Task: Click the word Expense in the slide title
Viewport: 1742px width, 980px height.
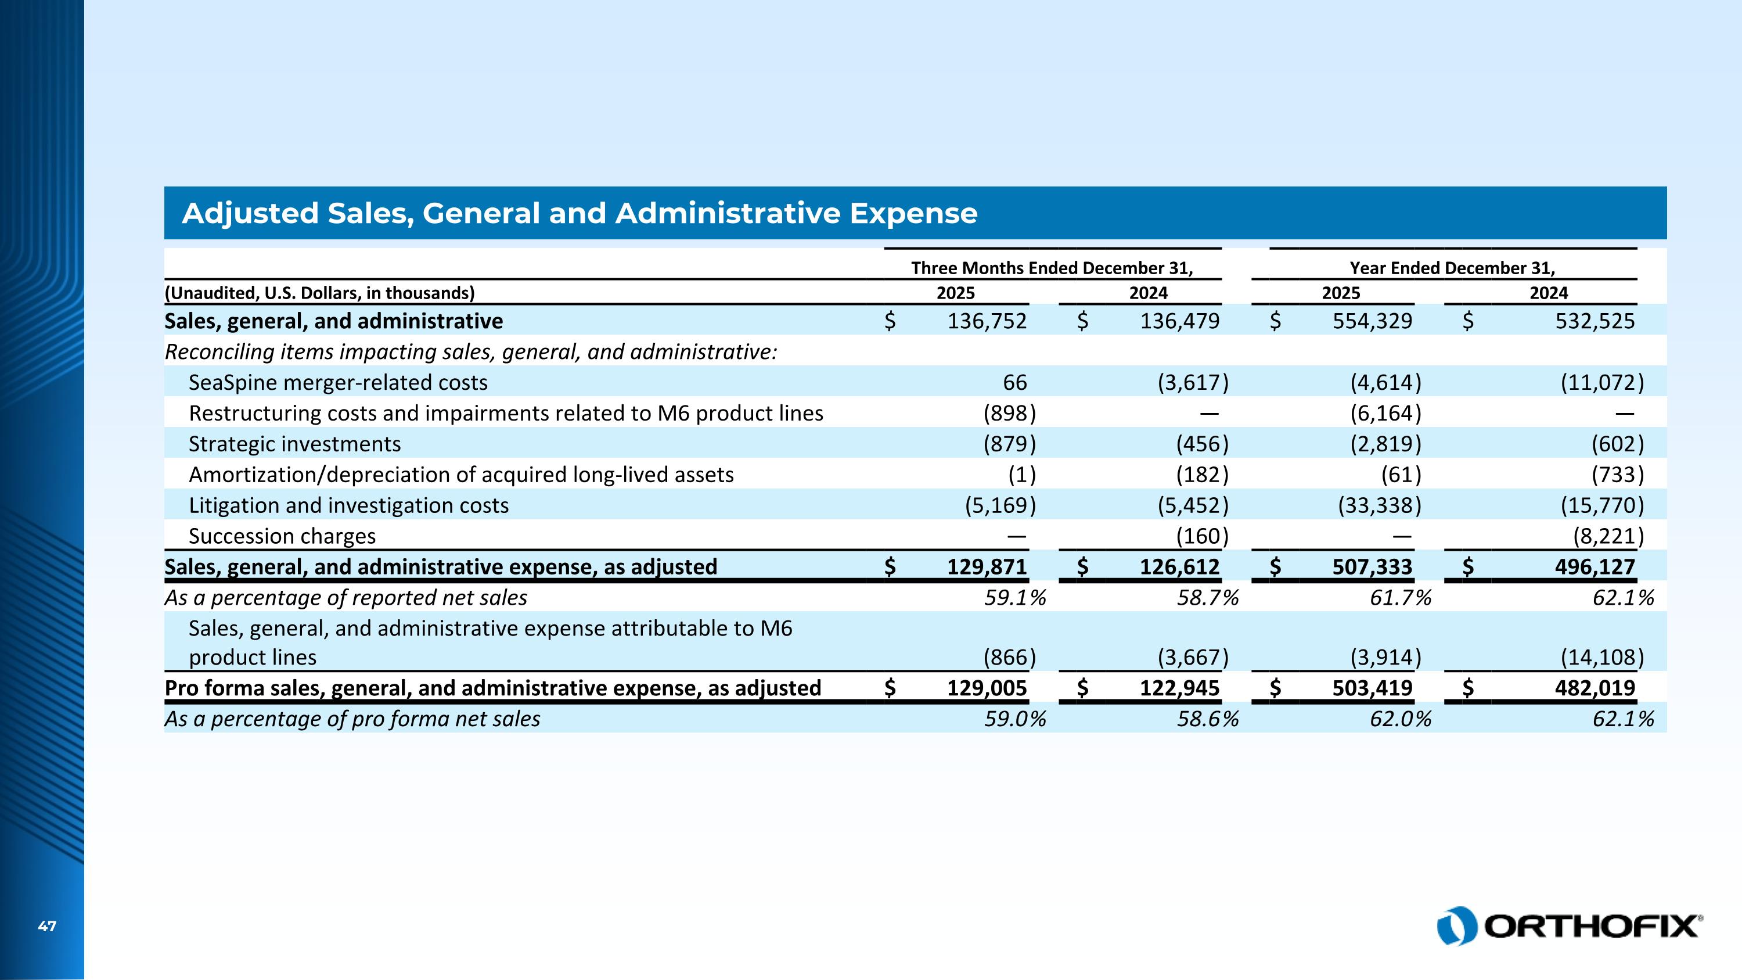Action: (x=913, y=214)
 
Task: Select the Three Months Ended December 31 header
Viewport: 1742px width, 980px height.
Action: (x=1052, y=268)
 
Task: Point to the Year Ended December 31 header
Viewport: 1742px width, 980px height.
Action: (x=1452, y=268)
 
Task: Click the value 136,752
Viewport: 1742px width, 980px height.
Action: (x=987, y=321)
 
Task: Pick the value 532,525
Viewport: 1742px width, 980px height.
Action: (x=1595, y=321)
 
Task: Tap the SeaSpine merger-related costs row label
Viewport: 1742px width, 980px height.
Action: (x=338, y=383)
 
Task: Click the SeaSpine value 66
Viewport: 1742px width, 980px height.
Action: (x=1014, y=383)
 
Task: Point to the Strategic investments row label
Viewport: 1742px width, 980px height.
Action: (x=295, y=444)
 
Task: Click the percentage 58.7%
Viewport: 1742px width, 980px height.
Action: (x=1208, y=598)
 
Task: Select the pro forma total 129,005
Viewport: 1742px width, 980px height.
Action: (x=987, y=688)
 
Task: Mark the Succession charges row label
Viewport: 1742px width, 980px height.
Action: (x=282, y=536)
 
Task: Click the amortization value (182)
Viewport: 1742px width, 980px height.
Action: (x=1201, y=475)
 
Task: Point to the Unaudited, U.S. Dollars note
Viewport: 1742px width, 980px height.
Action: (x=320, y=293)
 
